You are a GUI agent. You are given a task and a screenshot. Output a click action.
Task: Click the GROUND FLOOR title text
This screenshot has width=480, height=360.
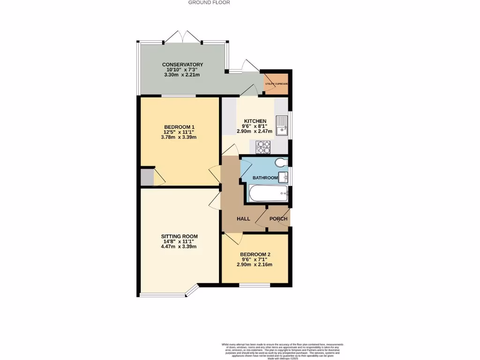pyautogui.click(x=209, y=2)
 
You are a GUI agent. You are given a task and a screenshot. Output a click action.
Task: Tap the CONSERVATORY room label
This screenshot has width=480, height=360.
pyautogui.click(x=182, y=65)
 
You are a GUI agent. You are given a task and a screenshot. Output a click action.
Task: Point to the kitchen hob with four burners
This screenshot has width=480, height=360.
pyautogui.click(x=263, y=147)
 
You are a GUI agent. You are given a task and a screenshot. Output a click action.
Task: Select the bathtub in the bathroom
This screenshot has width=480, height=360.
pyautogui.click(x=268, y=193)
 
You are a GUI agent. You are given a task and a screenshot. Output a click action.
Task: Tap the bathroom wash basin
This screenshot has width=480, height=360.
pyautogui.click(x=283, y=177)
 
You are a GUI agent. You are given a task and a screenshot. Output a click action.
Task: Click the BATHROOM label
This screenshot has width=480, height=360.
pyautogui.click(x=265, y=178)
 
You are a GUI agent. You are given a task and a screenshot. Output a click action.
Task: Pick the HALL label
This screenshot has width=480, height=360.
pyautogui.click(x=243, y=219)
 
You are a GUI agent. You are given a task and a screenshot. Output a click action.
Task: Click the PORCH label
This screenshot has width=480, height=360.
pyautogui.click(x=278, y=219)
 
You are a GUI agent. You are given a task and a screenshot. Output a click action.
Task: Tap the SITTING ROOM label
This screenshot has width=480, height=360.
pyautogui.click(x=179, y=236)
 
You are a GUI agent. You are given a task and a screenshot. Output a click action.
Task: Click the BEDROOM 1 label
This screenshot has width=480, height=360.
pyautogui.click(x=179, y=127)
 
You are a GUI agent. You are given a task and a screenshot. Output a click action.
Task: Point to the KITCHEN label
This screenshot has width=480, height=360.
pyautogui.click(x=255, y=121)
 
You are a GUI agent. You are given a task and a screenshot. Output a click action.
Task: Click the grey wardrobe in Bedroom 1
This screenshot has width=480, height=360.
pyautogui.click(x=147, y=177)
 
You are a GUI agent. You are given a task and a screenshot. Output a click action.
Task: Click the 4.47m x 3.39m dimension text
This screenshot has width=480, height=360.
pyautogui.click(x=179, y=247)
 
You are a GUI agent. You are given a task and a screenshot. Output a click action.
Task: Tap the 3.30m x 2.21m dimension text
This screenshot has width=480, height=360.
pyautogui.click(x=182, y=75)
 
